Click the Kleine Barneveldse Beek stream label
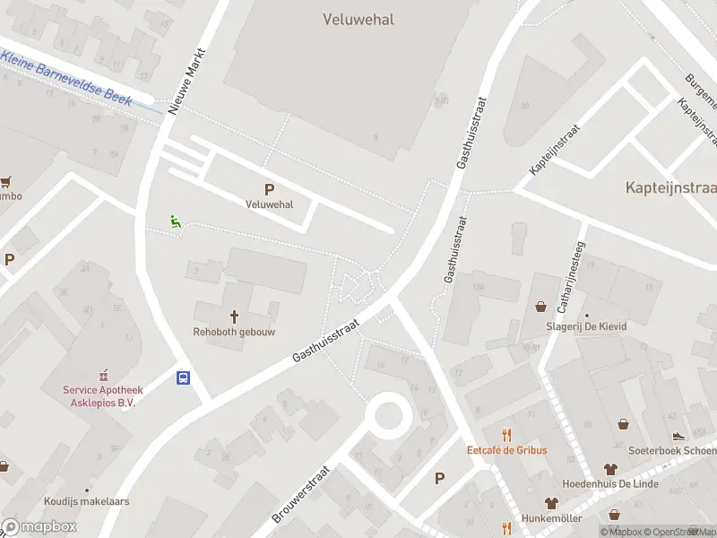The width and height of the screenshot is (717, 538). pyautogui.click(x=67, y=79)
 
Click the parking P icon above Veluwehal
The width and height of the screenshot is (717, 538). pyautogui.click(x=269, y=189)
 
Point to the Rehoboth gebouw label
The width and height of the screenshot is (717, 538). pyautogui.click(x=234, y=331)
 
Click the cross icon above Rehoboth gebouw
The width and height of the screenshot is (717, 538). pyautogui.click(x=235, y=316)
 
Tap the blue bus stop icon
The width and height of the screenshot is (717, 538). pyautogui.click(x=183, y=377)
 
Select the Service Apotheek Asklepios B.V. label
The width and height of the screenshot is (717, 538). pyautogui.click(x=105, y=395)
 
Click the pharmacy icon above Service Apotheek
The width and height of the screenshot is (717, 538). pyautogui.click(x=104, y=374)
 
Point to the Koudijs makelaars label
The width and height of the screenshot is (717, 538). pyautogui.click(x=87, y=501)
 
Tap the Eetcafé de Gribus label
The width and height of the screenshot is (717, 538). pyautogui.click(x=506, y=450)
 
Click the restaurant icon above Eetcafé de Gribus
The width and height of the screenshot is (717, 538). pyautogui.click(x=506, y=434)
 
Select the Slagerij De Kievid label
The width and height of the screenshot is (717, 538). pyautogui.click(x=586, y=326)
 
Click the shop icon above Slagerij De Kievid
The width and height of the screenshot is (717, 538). pyautogui.click(x=541, y=307)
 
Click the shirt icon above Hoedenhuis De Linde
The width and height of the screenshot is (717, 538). pyautogui.click(x=610, y=468)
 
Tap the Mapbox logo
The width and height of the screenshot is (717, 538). pyautogui.click(x=39, y=527)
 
